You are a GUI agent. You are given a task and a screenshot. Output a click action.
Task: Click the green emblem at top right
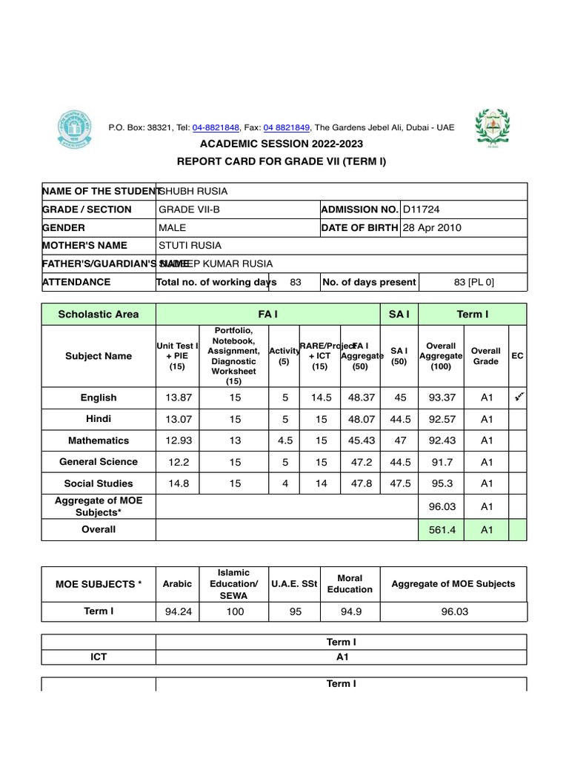492,129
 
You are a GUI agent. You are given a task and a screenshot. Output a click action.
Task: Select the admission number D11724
421,209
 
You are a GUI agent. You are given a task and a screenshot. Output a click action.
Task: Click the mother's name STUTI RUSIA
190,245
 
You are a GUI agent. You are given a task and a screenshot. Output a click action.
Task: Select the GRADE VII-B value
189,209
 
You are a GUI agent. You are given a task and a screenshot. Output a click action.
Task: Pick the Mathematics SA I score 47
400,440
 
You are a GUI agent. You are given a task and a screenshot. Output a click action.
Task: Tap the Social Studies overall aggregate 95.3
442,483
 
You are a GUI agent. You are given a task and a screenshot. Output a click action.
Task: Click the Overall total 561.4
442,529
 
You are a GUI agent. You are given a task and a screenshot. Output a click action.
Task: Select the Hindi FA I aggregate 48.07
362,419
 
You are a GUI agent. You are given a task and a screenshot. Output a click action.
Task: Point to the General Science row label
99,462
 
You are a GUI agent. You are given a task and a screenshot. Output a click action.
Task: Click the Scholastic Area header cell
99,314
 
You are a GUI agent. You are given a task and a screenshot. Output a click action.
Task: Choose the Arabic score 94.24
177,611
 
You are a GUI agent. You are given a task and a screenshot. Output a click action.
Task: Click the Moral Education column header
350,583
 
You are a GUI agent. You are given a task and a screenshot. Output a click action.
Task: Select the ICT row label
99,657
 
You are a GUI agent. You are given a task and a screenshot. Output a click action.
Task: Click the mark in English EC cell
519,397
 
